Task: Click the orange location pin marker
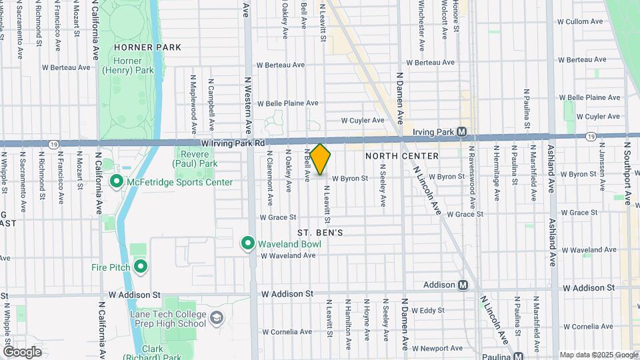coord(321,159)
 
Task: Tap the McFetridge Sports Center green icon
coord(117,182)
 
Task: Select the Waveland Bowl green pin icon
coord(248,244)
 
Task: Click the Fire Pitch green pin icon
coord(141,267)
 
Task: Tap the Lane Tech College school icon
coord(216,318)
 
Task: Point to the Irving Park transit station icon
coord(461,132)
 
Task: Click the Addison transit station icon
coord(463,285)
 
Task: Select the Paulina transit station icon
coord(518,355)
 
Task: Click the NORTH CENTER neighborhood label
coord(402,156)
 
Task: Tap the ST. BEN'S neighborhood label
coord(320,233)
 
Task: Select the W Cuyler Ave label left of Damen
coord(363,121)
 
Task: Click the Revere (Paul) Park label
coord(195,159)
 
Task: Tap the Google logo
coord(22,351)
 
